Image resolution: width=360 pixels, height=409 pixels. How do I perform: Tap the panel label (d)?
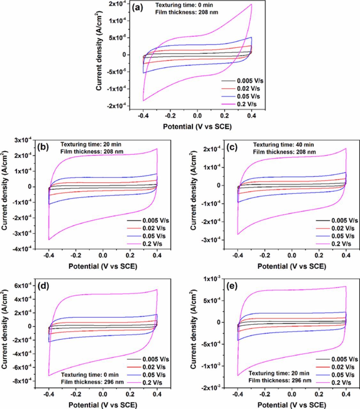coord(43,286)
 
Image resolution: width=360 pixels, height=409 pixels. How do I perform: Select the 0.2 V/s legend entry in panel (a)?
coord(246,104)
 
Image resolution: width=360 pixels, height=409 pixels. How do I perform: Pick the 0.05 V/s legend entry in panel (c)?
coord(342,236)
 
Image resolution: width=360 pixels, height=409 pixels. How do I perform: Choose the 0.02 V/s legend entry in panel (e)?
coord(342,367)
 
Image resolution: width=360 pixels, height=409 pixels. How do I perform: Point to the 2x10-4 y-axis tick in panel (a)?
coord(117,4)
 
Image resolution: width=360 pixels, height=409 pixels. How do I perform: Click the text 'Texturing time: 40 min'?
coord(284,145)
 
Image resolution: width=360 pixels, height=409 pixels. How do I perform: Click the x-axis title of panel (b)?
coord(103,266)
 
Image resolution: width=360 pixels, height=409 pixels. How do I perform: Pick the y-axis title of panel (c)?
coord(193,195)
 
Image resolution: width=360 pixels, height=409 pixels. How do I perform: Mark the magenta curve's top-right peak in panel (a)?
coord(252,4)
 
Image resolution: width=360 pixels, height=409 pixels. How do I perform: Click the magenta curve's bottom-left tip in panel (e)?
coord(238,375)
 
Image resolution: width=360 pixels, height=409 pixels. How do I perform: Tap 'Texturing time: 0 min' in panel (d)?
coord(90,374)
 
